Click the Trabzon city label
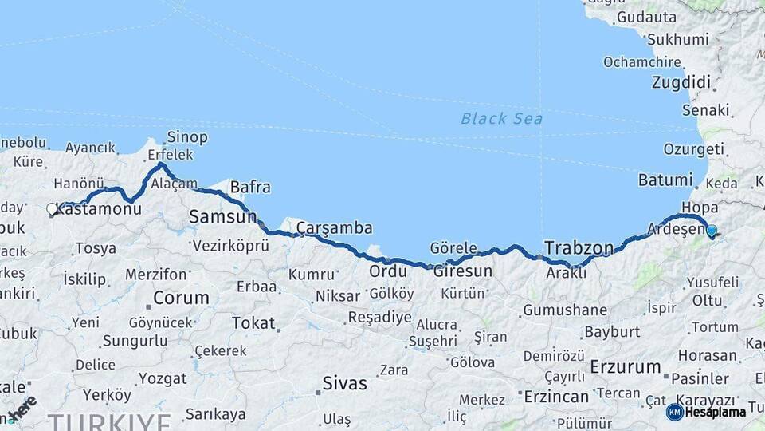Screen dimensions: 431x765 pyautogui.click(x=579, y=247)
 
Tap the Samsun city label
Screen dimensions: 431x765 pyautogui.click(x=222, y=216)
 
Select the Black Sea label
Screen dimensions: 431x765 pyautogui.click(x=502, y=119)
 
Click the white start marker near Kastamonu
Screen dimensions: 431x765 pyautogui.click(x=53, y=210)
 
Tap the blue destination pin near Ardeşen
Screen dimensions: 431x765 pyautogui.click(x=712, y=231)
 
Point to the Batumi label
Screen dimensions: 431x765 pyautogui.click(x=666, y=180)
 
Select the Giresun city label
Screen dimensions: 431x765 pyautogui.click(x=462, y=271)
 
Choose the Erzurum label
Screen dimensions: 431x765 pyautogui.click(x=626, y=368)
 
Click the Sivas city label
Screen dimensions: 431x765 pyautogui.click(x=344, y=383)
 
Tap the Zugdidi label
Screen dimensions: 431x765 pyautogui.click(x=681, y=82)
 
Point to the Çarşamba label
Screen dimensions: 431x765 pyautogui.click(x=335, y=228)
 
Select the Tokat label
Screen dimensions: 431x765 pyautogui.click(x=253, y=323)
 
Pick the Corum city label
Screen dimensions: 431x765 pyautogui.click(x=181, y=299)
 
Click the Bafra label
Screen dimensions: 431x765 pyautogui.click(x=250, y=188)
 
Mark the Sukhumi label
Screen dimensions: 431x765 pyautogui.click(x=677, y=39)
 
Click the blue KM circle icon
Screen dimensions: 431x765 pyautogui.click(x=674, y=412)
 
